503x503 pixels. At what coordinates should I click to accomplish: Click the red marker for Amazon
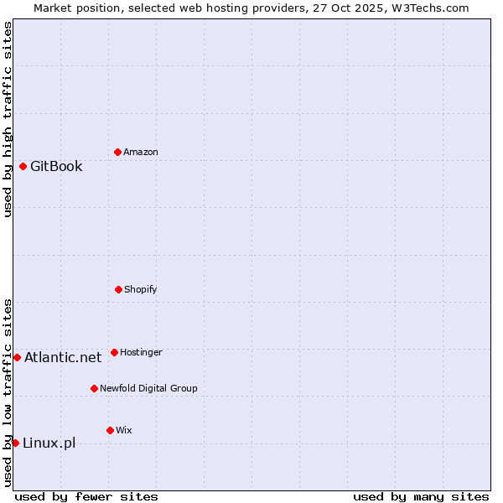117,152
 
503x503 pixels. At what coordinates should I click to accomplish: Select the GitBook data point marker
23,166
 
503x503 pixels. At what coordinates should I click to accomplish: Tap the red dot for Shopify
118,289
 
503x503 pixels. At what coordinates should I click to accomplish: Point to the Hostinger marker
114,352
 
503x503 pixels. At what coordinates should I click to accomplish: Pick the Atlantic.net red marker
17,357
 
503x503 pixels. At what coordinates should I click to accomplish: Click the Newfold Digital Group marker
94,388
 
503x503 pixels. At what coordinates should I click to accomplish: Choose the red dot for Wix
110,430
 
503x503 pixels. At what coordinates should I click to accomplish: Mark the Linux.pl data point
15,443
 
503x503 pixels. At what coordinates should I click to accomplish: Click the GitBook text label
56,166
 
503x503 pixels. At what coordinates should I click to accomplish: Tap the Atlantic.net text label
63,357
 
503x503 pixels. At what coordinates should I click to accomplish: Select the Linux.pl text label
49,443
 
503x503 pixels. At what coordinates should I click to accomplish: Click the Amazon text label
141,152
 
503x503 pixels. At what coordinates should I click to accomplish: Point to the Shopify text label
141,289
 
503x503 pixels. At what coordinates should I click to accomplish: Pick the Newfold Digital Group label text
148,388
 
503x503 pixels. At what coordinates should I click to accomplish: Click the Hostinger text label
141,352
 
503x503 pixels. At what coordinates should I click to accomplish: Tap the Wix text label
124,430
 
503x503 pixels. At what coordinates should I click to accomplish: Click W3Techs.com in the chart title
428,8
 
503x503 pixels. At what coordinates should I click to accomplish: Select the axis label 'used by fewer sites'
86,496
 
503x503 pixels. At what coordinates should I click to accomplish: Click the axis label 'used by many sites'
421,496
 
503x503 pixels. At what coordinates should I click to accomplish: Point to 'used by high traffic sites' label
8,119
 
